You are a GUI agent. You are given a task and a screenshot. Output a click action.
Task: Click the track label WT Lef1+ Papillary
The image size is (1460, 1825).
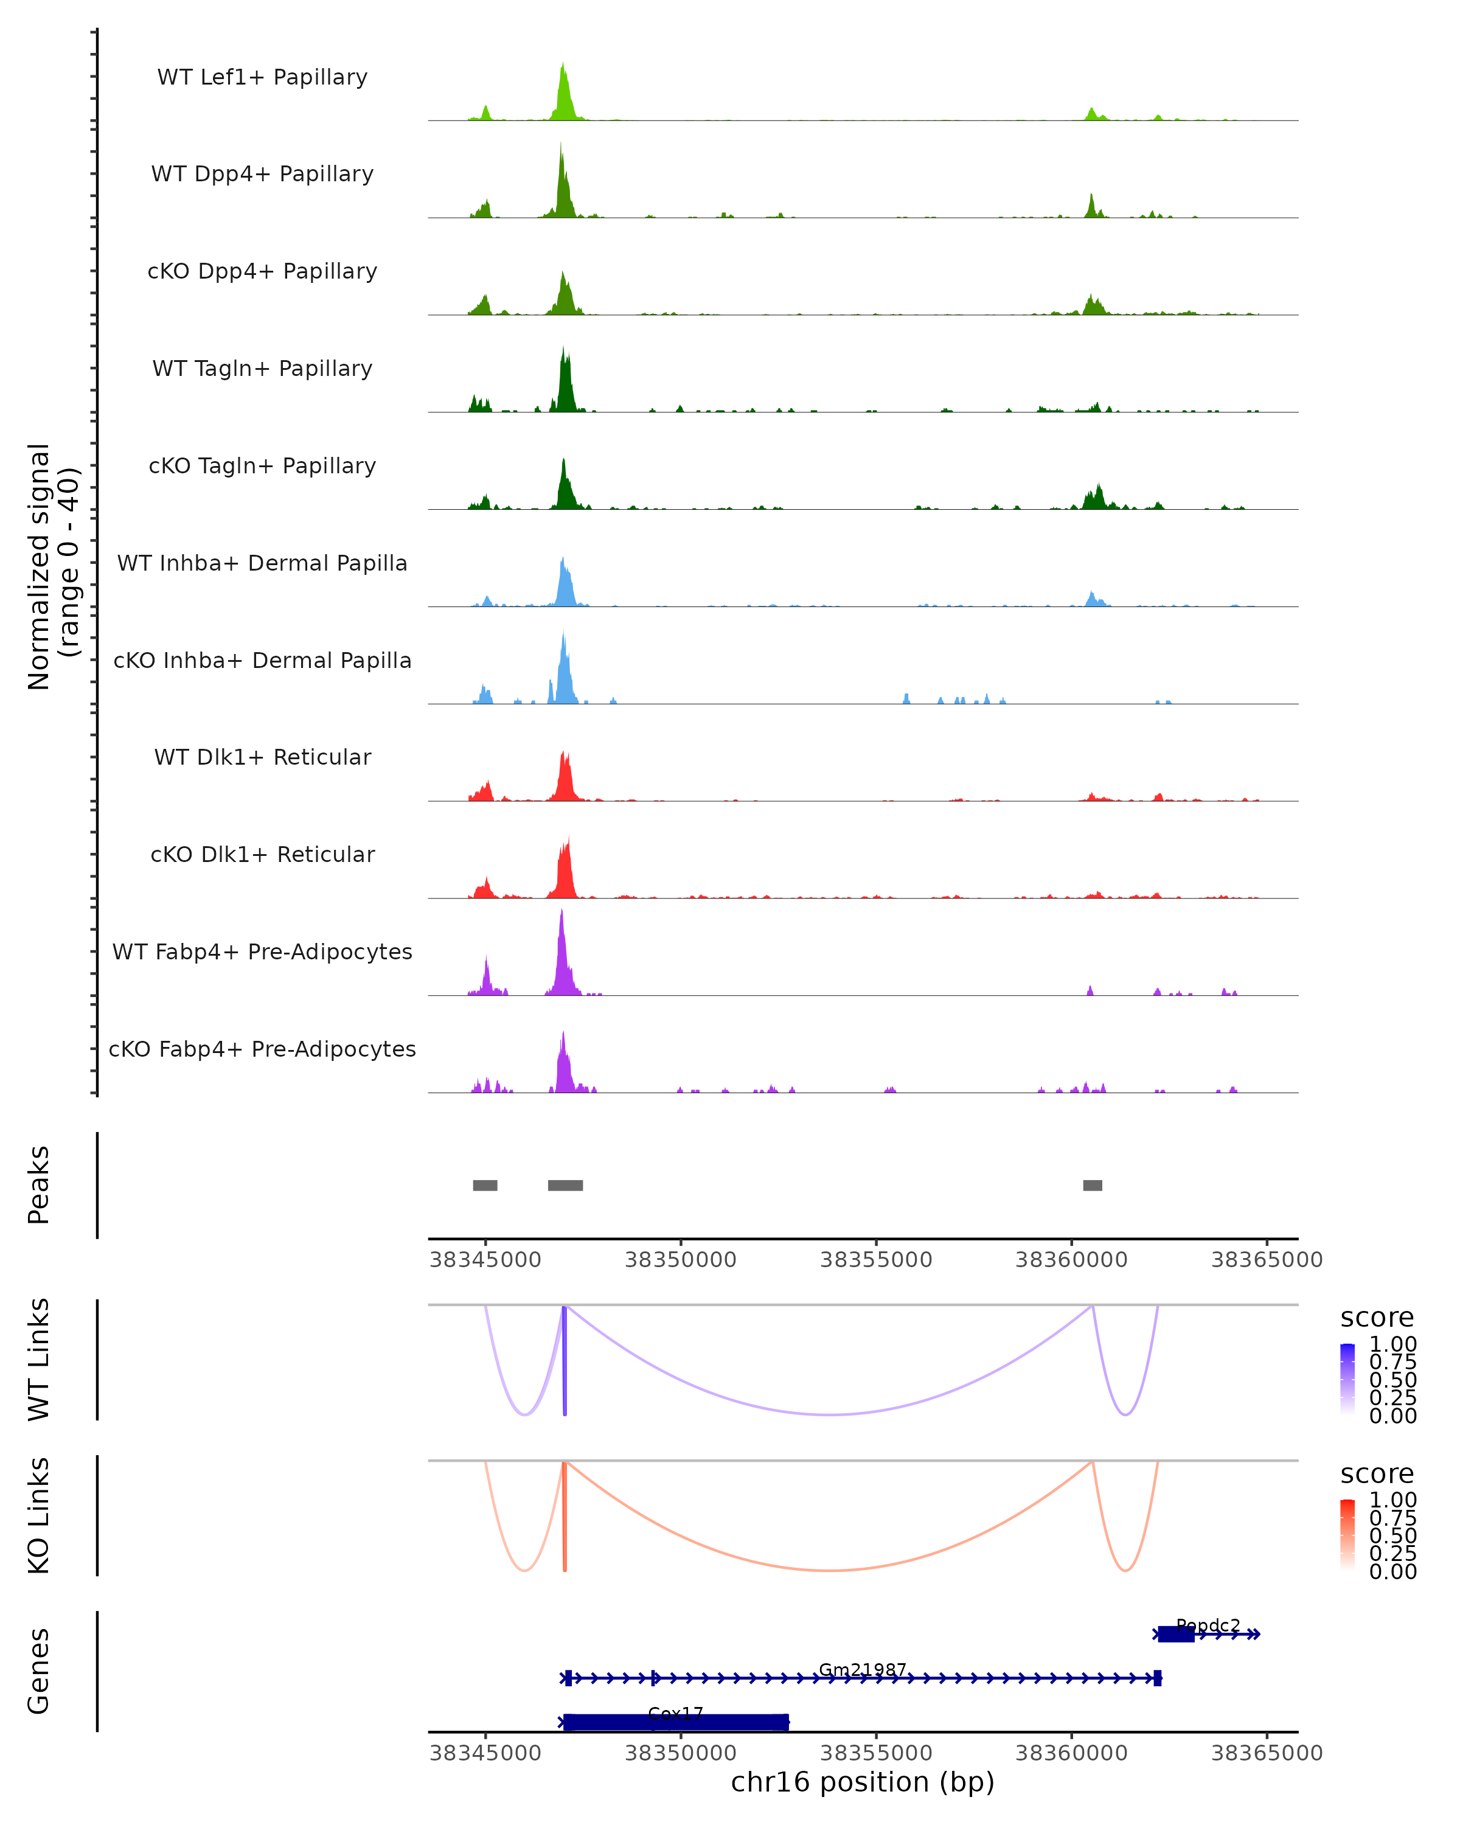[x=262, y=77]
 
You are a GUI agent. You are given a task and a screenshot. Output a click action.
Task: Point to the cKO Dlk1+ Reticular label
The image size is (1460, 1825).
[x=262, y=854]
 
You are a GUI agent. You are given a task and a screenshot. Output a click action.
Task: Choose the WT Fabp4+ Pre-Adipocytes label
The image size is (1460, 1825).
[x=262, y=951]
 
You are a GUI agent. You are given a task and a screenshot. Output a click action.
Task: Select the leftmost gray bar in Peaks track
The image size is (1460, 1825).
[x=485, y=1185]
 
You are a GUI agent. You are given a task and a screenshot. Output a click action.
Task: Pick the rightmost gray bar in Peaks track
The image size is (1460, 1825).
[x=1093, y=1185]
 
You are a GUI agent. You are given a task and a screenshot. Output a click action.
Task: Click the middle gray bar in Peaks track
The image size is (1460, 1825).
[x=565, y=1185]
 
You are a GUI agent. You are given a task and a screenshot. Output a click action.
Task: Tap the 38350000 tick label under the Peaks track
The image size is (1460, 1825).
[x=681, y=1260]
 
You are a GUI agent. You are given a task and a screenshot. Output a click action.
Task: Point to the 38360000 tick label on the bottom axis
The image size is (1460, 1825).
[x=1071, y=1753]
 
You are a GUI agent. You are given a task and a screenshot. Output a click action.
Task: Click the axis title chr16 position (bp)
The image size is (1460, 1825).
[x=863, y=1782]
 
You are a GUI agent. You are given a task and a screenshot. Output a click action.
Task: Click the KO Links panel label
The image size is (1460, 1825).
[x=39, y=1515]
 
